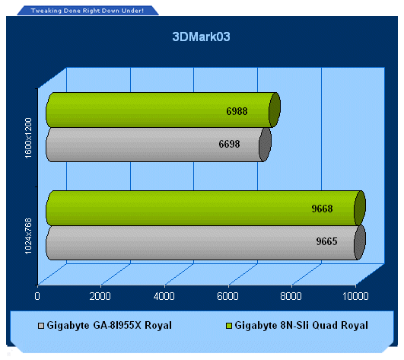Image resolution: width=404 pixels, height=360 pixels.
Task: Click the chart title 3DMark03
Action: [201, 37]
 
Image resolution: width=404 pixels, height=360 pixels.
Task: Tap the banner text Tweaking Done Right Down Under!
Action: [87, 11]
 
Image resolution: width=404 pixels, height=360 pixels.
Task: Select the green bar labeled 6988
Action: [163, 110]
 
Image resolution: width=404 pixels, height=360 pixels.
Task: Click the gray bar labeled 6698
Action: [158, 145]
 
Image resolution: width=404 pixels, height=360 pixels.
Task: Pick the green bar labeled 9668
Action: [205, 209]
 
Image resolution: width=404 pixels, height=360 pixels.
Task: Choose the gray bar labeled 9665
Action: [205, 243]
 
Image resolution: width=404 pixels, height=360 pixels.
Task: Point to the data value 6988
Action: [237, 111]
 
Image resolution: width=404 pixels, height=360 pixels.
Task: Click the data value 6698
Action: [229, 144]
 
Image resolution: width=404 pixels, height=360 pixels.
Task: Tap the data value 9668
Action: [322, 209]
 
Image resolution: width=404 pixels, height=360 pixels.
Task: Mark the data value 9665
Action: [326, 241]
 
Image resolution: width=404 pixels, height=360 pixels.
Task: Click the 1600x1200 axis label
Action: [28, 138]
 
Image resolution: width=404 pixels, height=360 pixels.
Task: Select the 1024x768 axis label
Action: [28, 236]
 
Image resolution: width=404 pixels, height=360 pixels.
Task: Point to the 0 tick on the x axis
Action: [37, 296]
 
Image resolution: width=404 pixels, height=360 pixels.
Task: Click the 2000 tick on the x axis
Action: [100, 296]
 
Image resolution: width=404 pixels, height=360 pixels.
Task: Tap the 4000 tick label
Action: [164, 296]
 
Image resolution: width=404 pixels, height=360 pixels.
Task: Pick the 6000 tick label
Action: [227, 296]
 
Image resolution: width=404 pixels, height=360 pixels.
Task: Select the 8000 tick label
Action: [291, 296]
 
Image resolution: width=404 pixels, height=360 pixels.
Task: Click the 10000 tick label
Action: [355, 296]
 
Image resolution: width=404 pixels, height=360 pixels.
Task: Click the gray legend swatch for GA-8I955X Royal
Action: [41, 326]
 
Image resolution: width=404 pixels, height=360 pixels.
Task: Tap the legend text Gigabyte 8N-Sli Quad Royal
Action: [301, 326]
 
